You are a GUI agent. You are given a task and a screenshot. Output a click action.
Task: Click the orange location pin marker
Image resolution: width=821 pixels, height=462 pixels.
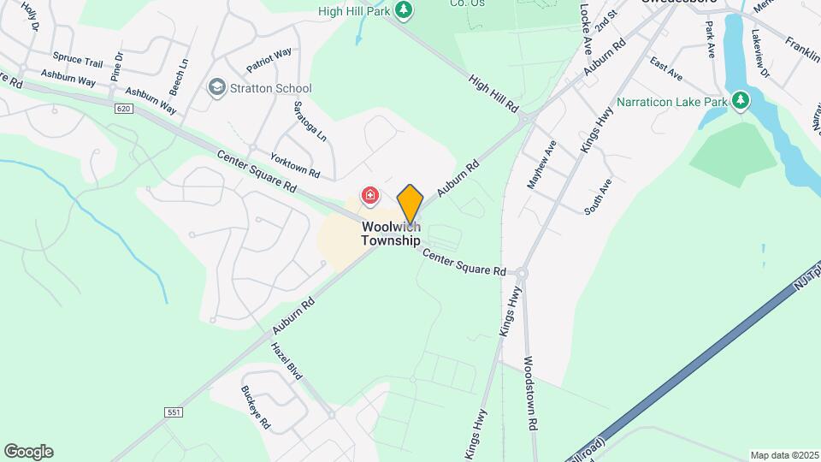point(410,204)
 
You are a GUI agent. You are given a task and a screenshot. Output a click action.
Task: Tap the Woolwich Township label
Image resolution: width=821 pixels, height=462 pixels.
point(391,234)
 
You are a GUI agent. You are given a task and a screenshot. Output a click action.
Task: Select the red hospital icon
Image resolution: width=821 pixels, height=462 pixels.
point(369,197)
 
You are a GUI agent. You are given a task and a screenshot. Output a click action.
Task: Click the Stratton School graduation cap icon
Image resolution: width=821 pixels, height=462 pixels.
point(217,88)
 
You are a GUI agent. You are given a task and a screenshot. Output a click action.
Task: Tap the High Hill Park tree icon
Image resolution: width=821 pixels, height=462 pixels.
point(405,11)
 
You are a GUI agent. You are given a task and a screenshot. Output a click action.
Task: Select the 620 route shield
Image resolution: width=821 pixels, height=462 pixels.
point(124,109)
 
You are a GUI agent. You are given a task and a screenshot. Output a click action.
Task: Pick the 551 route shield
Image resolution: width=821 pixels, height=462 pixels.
point(174,412)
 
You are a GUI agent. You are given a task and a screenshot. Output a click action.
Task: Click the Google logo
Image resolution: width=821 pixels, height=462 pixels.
point(28,452)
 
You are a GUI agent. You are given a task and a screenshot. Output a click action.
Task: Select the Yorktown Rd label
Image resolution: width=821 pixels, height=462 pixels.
point(295,166)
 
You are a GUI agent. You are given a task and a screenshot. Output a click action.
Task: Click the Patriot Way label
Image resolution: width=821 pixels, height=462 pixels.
point(269,59)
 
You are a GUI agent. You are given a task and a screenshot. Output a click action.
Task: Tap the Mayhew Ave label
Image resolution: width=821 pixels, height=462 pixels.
point(541,164)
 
